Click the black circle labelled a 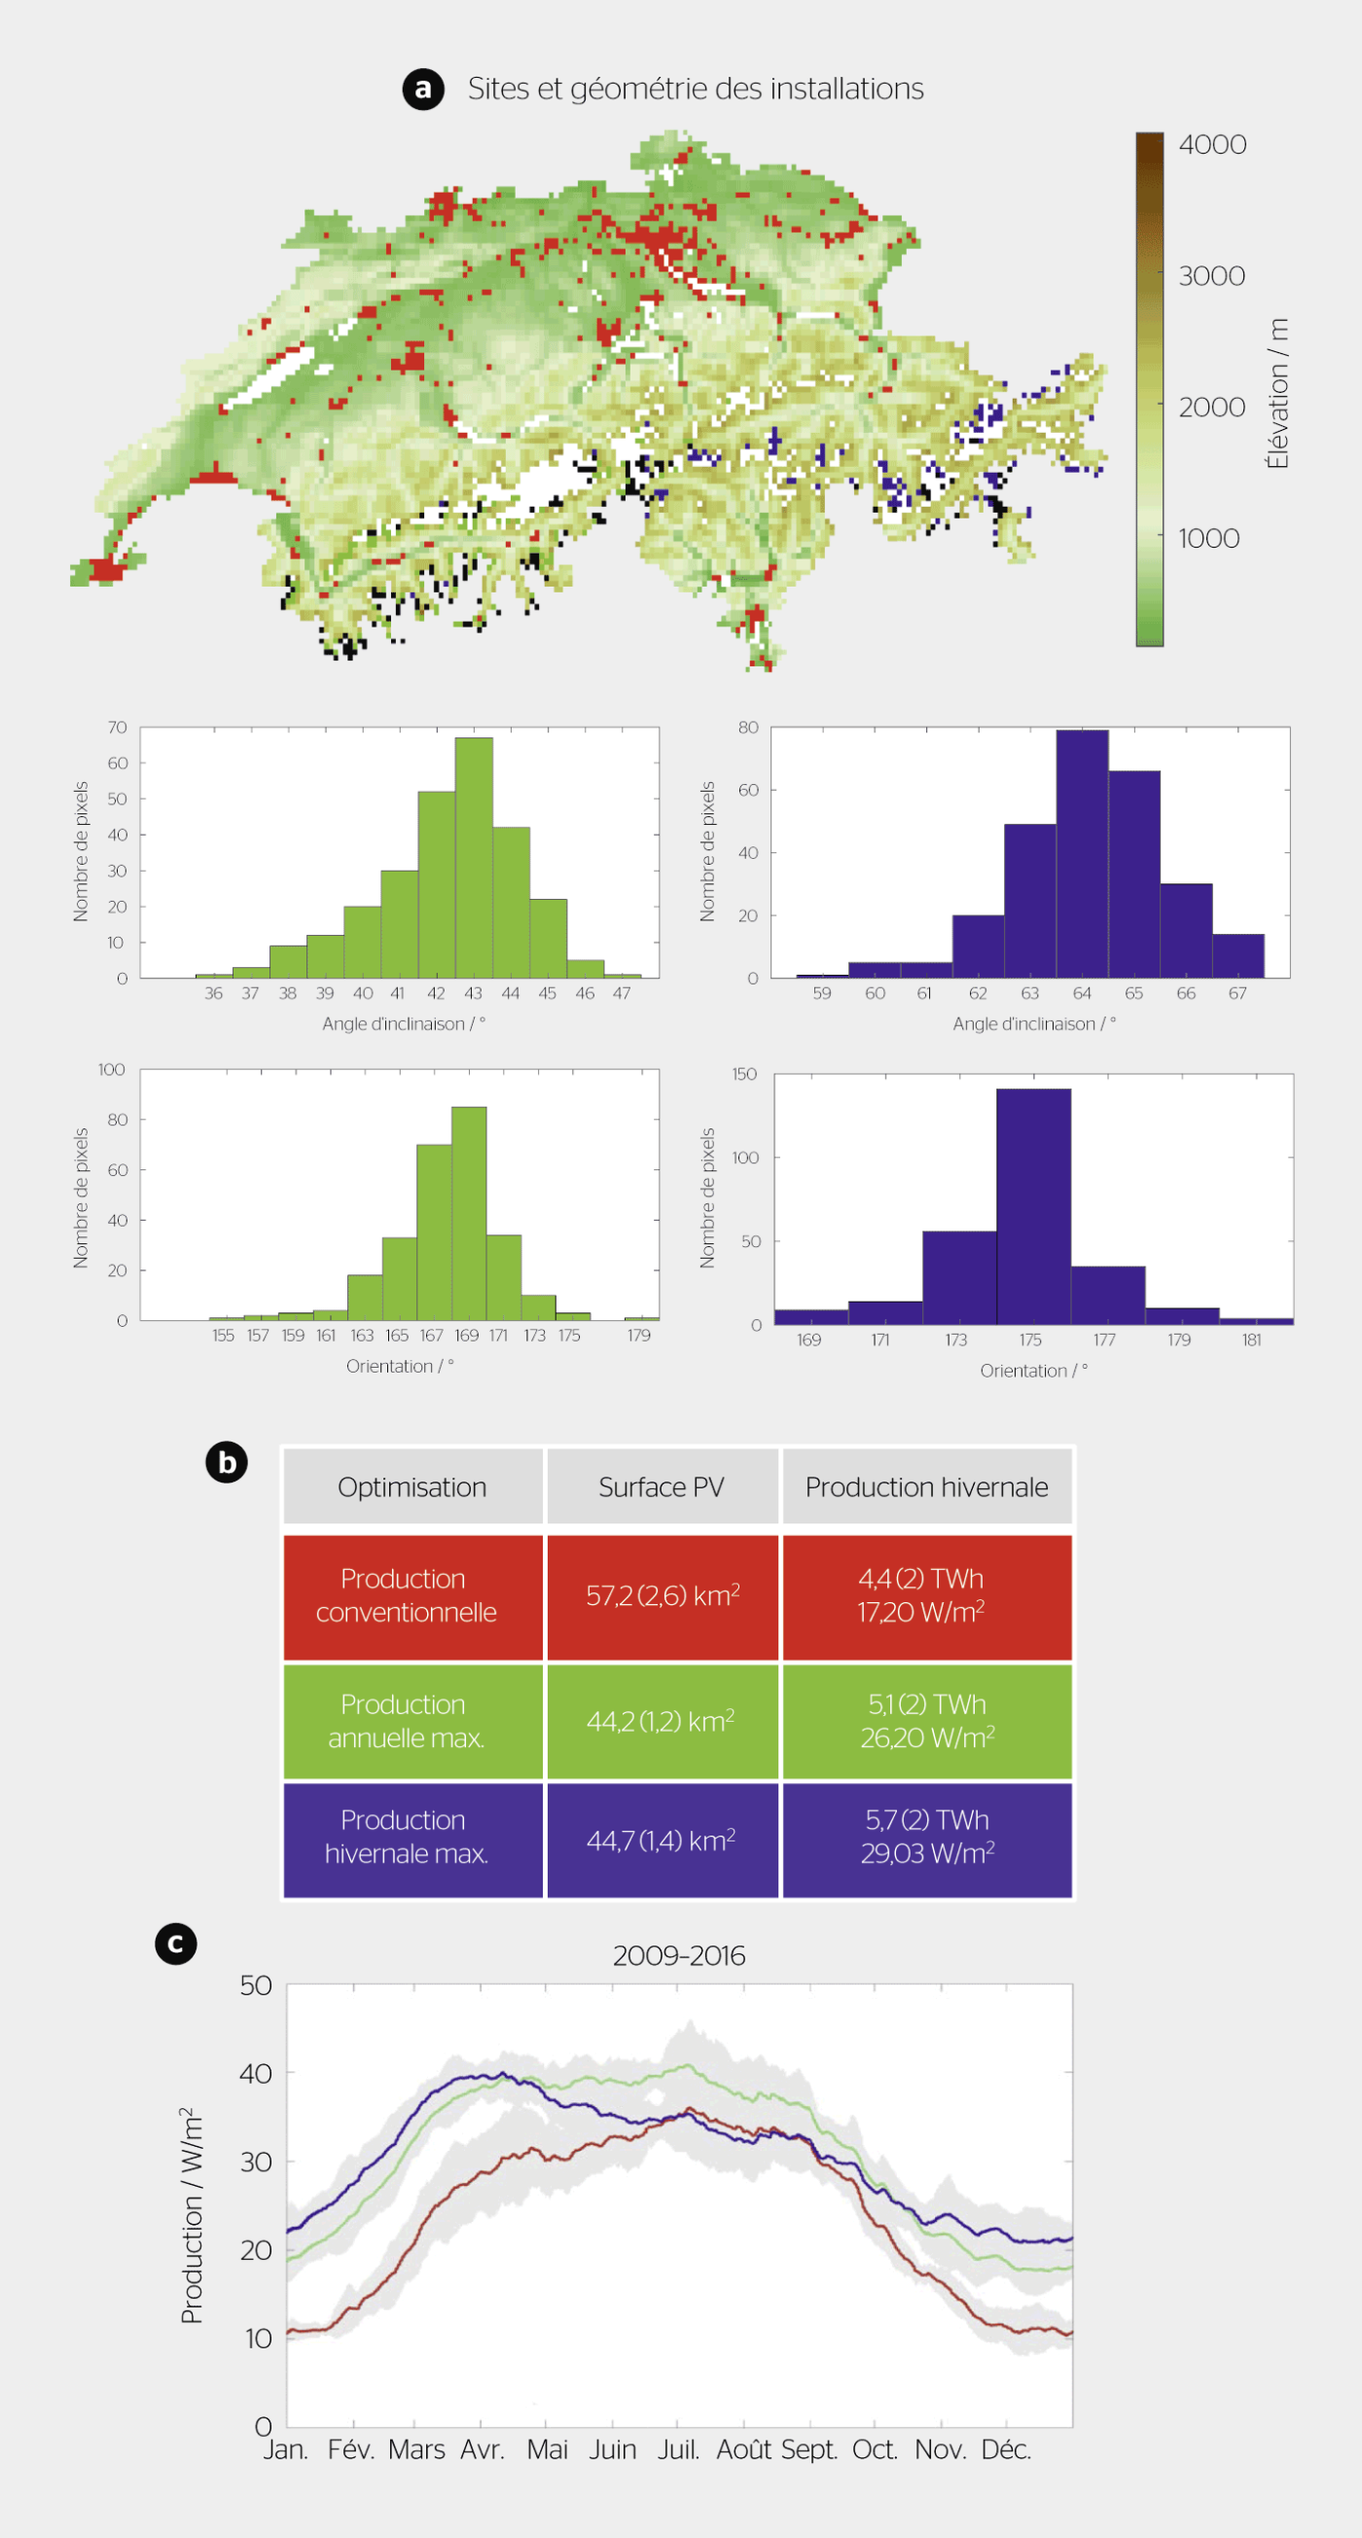point(423,89)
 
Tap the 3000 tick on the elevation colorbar point(1211,276)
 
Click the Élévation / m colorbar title point(1277,393)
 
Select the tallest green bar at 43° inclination point(473,857)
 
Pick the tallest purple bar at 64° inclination point(1081,853)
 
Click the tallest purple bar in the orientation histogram point(1033,1206)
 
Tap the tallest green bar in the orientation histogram point(468,1213)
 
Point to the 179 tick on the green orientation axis point(638,1335)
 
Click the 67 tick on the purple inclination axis point(1237,993)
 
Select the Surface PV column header point(662,1486)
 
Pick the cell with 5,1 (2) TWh point(926,1720)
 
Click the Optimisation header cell point(412,1486)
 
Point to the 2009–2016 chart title point(678,1955)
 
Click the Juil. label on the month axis point(678,2449)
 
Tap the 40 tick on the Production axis point(255,2074)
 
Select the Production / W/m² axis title point(193,2216)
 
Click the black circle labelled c point(175,1944)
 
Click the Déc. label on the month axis point(1005,2449)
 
